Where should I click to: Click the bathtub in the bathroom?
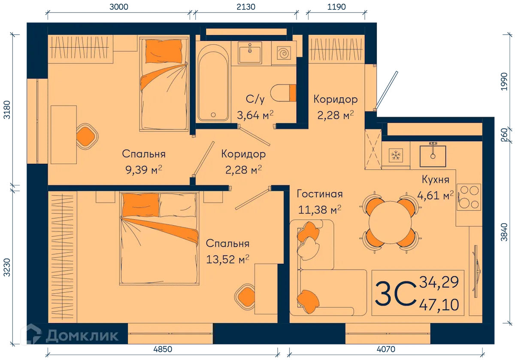(x=213, y=82)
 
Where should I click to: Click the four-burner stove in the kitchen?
(x=469, y=197)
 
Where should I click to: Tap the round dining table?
(x=390, y=223)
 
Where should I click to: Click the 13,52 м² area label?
(x=228, y=259)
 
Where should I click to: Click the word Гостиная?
(x=320, y=194)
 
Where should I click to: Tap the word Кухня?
(x=435, y=180)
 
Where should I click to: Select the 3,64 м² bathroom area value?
(x=255, y=115)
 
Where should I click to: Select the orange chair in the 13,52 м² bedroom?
(x=246, y=296)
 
